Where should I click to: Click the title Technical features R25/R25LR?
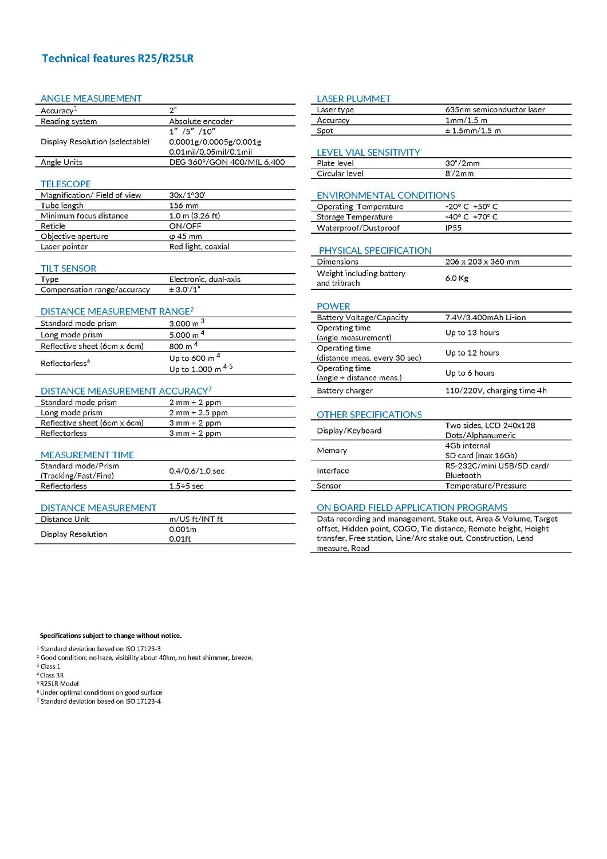click(117, 58)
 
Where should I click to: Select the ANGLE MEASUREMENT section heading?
click(91, 98)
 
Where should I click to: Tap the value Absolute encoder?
click(200, 121)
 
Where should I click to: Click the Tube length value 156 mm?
click(184, 206)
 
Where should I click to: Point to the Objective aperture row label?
click(74, 237)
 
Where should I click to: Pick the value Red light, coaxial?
click(199, 247)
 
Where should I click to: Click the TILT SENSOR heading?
click(69, 269)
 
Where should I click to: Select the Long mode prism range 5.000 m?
click(184, 335)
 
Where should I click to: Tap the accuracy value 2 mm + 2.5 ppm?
click(198, 413)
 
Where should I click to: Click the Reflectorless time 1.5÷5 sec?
click(186, 486)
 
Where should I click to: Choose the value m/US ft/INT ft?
click(196, 519)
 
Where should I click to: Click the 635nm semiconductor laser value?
click(495, 110)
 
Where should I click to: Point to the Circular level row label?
click(340, 174)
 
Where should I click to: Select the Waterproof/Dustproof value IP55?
click(453, 228)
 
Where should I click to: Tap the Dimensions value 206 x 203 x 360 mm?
click(482, 262)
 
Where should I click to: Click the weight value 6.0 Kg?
click(457, 278)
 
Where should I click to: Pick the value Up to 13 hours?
click(472, 333)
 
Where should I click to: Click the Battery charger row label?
click(345, 391)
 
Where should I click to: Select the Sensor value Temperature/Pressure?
click(486, 486)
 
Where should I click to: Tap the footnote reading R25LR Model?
click(59, 684)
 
